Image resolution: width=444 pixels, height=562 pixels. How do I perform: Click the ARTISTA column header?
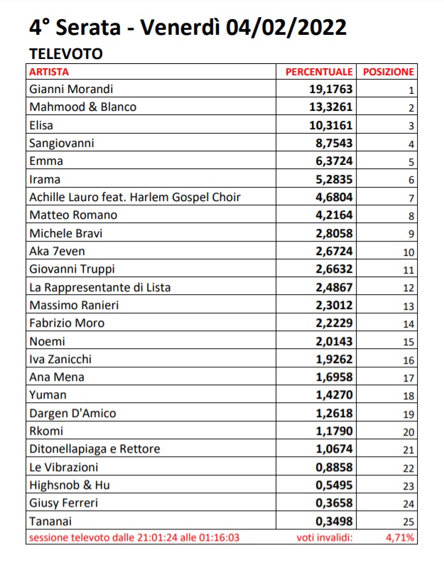point(49,72)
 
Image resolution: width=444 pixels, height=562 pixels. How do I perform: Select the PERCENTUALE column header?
point(319,72)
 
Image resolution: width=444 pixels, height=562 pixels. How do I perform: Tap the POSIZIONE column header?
point(388,72)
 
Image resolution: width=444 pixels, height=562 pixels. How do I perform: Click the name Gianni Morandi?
point(72,90)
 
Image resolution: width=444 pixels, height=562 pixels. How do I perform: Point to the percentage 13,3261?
point(328,107)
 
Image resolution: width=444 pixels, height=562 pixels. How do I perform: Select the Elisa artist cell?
point(42,125)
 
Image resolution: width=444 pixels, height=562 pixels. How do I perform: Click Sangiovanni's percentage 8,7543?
point(332,143)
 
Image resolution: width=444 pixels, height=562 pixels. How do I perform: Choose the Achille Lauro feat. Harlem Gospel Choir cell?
point(135,197)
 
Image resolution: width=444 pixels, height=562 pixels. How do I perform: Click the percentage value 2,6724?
point(332,251)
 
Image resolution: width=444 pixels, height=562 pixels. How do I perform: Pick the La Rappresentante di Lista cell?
point(100,287)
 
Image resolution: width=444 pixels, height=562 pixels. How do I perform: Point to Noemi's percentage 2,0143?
point(332,341)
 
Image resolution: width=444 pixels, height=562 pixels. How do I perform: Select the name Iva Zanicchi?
point(61,359)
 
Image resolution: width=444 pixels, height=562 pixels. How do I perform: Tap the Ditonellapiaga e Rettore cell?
point(95,448)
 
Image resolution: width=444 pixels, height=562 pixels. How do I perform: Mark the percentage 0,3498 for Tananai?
point(332,520)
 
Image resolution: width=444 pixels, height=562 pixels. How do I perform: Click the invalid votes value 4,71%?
point(400,537)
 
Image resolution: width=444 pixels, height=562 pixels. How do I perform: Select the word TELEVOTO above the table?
point(66,53)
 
